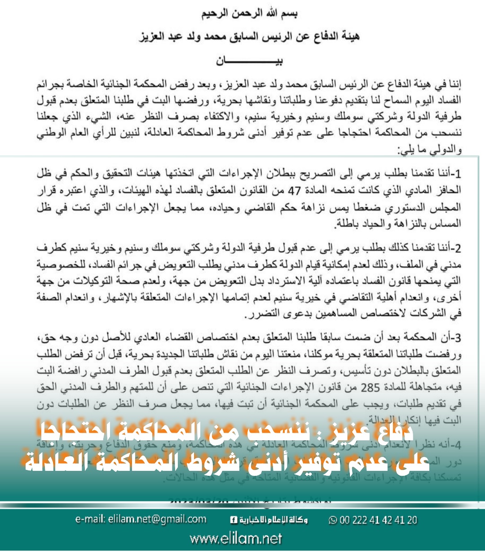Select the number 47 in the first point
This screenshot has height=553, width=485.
(294, 190)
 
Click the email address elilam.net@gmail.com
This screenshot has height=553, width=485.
(141, 520)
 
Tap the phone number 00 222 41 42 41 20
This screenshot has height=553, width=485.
(378, 520)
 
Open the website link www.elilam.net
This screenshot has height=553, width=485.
(236, 539)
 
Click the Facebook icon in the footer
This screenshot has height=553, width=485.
(234, 520)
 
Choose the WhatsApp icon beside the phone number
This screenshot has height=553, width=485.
(333, 520)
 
